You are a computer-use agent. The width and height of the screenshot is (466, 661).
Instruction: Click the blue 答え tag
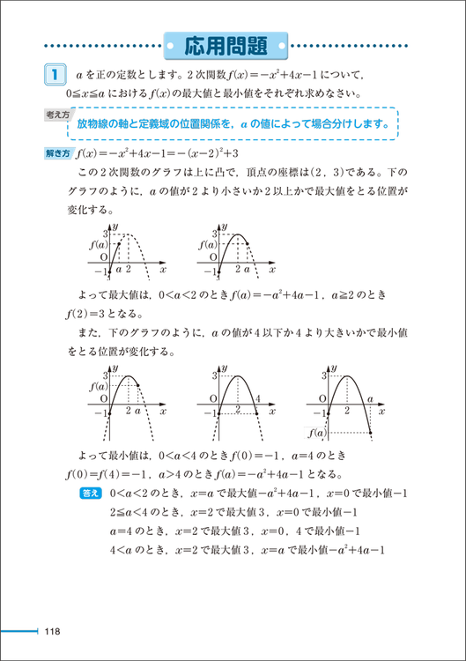pyautogui.click(x=91, y=494)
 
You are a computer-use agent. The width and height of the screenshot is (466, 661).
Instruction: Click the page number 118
pyautogui.click(x=52, y=631)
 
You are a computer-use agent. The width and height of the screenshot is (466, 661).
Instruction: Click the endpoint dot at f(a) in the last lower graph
pyautogui.click(x=369, y=432)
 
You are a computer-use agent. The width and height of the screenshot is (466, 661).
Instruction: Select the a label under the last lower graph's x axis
pyautogui.click(x=369, y=399)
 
